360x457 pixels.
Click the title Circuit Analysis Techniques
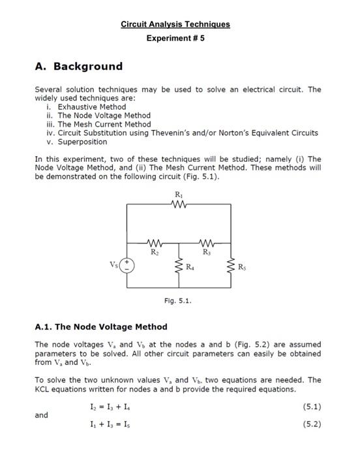point(175,25)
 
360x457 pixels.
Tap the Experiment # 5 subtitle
point(175,39)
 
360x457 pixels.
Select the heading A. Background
point(78,67)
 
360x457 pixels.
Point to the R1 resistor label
point(179,195)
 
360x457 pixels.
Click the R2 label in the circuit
point(155,251)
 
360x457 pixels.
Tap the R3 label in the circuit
point(206,251)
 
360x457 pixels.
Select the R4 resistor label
point(190,266)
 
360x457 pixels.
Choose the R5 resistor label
point(243,266)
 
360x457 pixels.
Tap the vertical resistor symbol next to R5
point(231,266)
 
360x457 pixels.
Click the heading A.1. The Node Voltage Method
point(101,326)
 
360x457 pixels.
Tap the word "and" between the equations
point(42,415)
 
